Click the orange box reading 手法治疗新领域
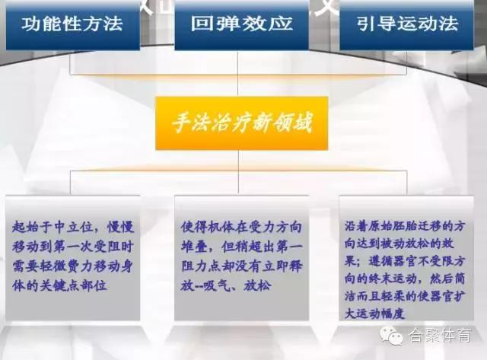pos(242,123)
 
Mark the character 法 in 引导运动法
pos(449,24)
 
